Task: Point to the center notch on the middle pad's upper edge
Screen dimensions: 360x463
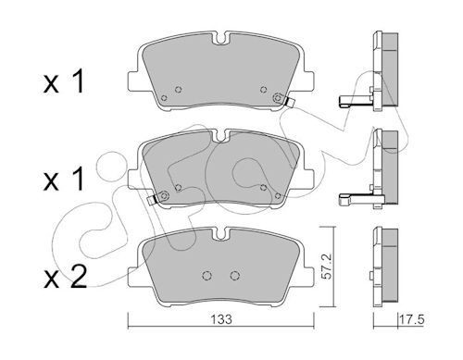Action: click(222, 136)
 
